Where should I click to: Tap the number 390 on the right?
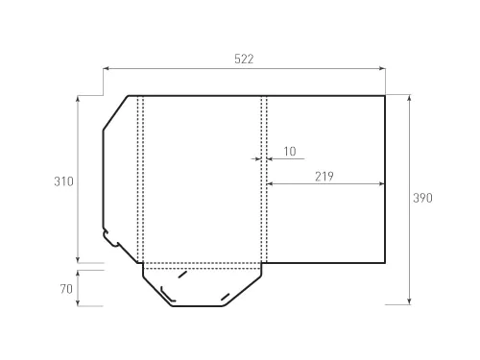pos(422,199)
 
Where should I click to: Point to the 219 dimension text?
pos(324,176)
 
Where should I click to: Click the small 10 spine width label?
pos(290,152)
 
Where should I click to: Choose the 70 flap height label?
pos(65,287)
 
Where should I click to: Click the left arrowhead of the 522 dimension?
pos(106,69)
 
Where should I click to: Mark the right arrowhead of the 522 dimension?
pos(382,69)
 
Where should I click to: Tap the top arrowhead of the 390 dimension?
pos(410,98)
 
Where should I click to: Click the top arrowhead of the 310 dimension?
pos(78,98)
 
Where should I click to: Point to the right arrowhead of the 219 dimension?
pos(382,182)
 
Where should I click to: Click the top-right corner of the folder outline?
pos(385,95)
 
